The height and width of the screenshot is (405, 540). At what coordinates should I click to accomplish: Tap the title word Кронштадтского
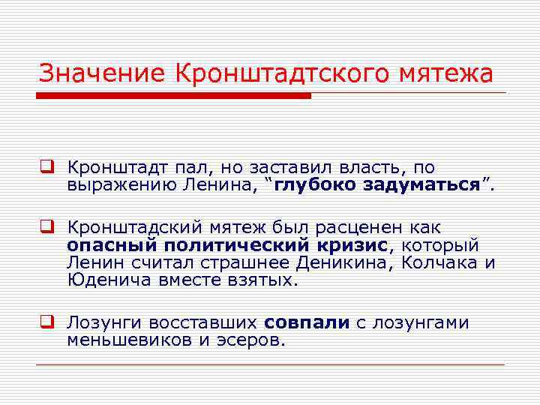(288, 74)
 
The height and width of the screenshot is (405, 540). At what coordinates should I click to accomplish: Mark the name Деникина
(350, 263)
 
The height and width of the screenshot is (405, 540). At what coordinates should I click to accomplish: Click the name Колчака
(441, 263)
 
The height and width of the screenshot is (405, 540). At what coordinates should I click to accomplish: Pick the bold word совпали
(307, 323)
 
